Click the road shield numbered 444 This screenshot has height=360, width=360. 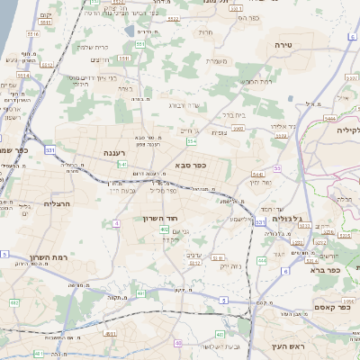click(261, 260)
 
